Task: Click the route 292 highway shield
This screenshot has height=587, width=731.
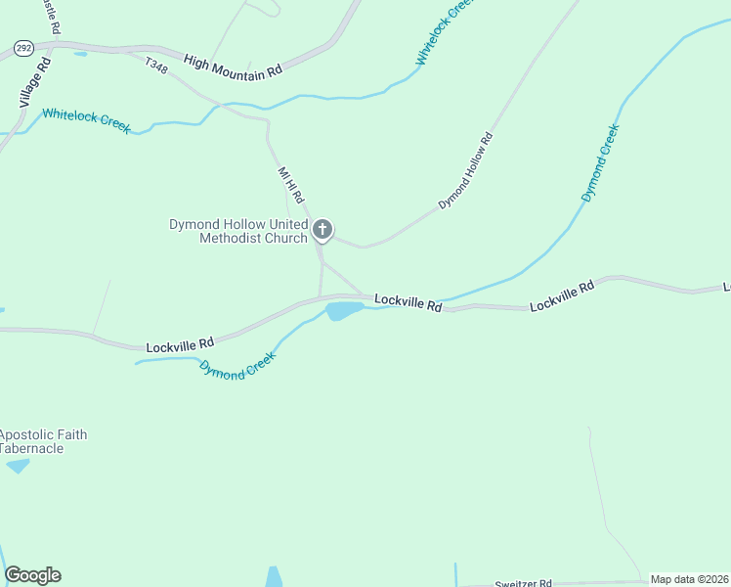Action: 24,47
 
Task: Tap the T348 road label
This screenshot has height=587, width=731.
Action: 155,66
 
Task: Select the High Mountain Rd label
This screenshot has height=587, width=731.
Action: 233,66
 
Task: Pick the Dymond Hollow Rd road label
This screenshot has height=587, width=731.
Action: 465,172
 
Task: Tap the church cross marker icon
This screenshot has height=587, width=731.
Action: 322,231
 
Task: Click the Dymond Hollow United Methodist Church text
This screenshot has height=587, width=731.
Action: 238,231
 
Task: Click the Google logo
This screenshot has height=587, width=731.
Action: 32,575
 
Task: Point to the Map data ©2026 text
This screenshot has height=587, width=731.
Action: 689,579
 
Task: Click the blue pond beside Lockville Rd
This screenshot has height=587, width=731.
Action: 344,311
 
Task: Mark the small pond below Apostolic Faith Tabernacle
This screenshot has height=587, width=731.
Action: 18,466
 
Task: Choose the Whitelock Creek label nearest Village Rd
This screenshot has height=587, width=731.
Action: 86,120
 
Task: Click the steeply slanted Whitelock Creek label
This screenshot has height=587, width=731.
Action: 444,34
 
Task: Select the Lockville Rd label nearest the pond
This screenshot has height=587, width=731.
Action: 408,302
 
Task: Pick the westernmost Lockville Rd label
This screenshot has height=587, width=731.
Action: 180,345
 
